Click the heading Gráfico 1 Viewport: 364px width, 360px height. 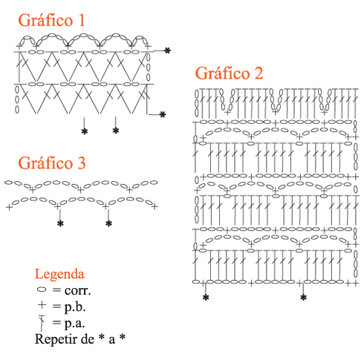[x=51, y=20]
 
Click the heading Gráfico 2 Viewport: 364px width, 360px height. [x=229, y=73]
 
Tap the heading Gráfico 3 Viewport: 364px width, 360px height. [x=52, y=163]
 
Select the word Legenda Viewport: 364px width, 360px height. [x=59, y=275]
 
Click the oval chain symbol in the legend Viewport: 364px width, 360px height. [x=42, y=289]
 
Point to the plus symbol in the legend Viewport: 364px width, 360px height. [x=42, y=305]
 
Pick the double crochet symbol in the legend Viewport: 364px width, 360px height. [x=42, y=323]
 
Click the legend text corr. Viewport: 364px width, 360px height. [x=77, y=291]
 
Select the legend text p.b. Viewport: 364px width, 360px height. [x=75, y=307]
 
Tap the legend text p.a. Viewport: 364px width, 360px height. [x=74, y=324]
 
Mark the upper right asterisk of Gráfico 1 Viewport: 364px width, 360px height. [x=168, y=50]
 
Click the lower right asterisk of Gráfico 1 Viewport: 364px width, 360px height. [x=163, y=114]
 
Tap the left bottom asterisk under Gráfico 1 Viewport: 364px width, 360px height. [x=85, y=131]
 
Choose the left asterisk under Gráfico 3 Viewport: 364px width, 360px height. [x=60, y=223]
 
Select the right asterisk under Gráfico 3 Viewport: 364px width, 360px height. [x=108, y=223]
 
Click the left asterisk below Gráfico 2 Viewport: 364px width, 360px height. [x=206, y=298]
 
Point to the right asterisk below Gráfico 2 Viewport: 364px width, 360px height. [x=303, y=298]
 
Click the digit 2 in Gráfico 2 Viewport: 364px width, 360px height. [x=259, y=73]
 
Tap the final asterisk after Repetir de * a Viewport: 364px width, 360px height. [x=122, y=337]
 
